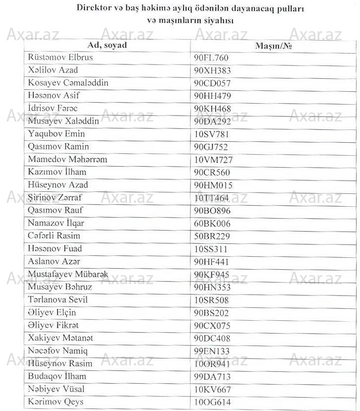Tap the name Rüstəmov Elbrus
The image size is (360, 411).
(60, 58)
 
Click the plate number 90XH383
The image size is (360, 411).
(212, 71)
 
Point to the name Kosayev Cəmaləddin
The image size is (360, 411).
(68, 83)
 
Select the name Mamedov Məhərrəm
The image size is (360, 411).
(67, 160)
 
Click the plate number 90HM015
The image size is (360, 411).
(213, 186)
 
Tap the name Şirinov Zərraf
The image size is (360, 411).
(55, 198)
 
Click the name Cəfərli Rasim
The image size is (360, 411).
(54, 236)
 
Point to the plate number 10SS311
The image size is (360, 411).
(211, 249)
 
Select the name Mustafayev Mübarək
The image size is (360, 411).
(68, 274)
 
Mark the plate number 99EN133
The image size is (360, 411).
(212, 352)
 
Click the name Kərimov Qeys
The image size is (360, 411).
(56, 402)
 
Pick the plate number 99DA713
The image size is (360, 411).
(213, 377)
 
